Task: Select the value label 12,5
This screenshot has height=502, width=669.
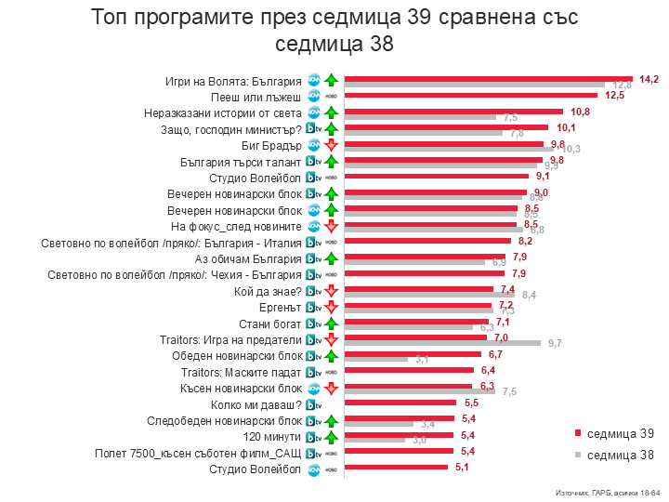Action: click(613, 95)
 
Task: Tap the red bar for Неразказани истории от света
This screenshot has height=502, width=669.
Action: click(455, 112)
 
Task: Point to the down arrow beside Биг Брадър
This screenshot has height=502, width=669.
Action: click(329, 145)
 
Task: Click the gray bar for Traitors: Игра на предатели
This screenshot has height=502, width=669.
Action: click(442, 343)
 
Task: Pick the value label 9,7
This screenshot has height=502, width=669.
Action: click(555, 344)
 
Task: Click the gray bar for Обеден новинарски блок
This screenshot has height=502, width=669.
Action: click(376, 359)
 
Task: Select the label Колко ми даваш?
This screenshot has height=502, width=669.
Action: click(256, 404)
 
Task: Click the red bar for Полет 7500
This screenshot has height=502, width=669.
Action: click(399, 452)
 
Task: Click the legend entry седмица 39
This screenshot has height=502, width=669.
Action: click(613, 433)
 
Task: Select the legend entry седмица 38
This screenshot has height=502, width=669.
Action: click(613, 455)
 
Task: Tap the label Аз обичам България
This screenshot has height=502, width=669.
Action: click(249, 258)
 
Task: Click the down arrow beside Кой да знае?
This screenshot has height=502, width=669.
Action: click(329, 291)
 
